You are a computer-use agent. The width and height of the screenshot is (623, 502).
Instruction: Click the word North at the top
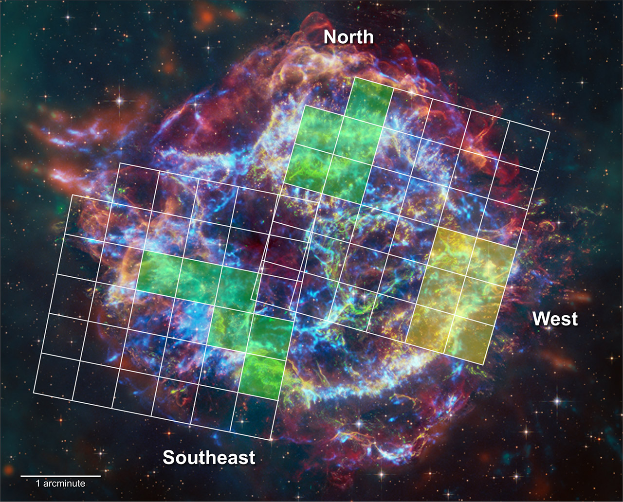pos(348,37)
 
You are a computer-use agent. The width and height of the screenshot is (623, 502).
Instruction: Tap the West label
pos(555,319)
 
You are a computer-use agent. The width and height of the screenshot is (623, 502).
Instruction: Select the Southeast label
pos(209,457)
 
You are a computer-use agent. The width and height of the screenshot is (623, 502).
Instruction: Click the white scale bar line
pos(60,476)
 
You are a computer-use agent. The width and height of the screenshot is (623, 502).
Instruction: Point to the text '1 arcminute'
pos(60,484)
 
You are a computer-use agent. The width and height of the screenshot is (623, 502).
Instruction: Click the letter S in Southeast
pos(169,457)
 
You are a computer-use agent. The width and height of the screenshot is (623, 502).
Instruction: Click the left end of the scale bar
pos(21,476)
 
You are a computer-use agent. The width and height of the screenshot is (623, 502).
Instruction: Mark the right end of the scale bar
pos(100,476)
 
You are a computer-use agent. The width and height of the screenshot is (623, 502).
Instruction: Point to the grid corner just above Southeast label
pos(271,440)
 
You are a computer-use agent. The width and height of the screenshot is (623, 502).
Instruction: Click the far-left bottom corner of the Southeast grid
pos(34,392)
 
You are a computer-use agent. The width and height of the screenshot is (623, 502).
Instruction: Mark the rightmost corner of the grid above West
pos(550,131)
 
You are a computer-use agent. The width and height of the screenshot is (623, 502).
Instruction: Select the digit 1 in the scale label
pos(38,484)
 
